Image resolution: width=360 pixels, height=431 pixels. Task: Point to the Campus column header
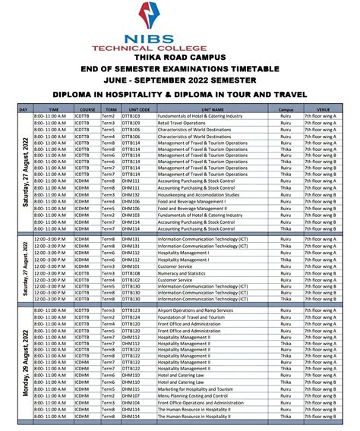[x=286, y=109]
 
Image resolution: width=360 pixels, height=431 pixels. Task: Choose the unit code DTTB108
[x=132, y=272]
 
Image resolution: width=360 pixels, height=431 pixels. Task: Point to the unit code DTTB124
[x=132, y=317]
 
